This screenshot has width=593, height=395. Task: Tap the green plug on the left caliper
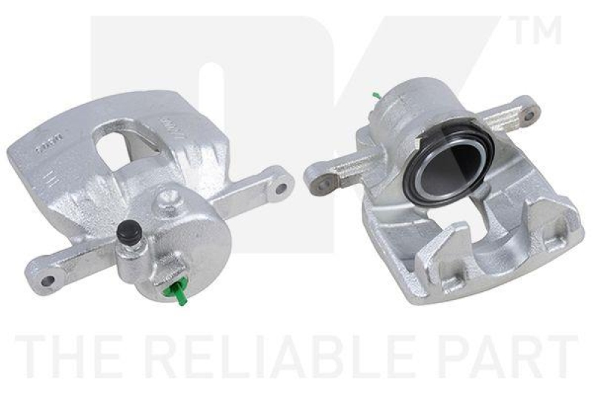pos(179,291)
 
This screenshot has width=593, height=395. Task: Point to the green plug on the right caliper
pos(377,96)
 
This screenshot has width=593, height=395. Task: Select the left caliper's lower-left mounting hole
pos(48,281)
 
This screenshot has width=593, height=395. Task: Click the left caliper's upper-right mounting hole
pos(280,187)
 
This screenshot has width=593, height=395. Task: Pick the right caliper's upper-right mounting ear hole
pos(528,114)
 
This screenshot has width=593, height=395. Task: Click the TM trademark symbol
pos(535,31)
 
